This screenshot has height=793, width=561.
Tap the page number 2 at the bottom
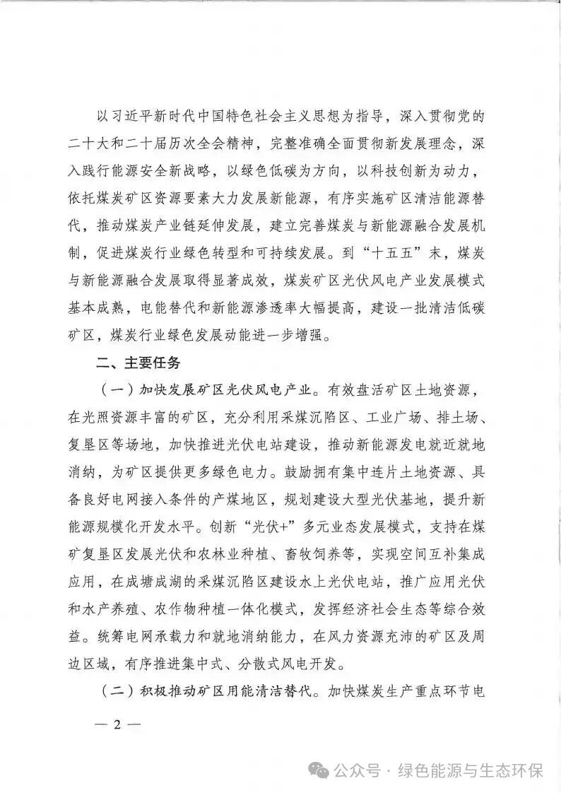(118, 727)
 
